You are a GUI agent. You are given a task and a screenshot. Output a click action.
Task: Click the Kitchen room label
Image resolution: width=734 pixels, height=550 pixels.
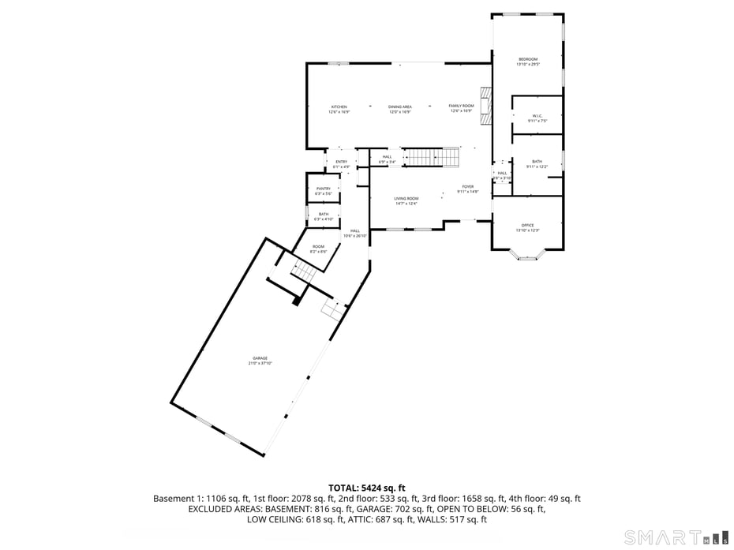pos(339,107)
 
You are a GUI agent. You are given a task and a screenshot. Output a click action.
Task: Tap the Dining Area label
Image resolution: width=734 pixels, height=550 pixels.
pos(400,107)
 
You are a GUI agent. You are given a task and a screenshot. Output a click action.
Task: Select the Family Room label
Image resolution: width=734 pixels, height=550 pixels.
pos(462,107)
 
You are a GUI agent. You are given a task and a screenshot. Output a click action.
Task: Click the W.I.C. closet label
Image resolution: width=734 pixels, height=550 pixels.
pos(537,118)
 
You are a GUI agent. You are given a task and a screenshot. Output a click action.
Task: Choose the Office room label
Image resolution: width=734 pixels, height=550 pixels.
pos(527,226)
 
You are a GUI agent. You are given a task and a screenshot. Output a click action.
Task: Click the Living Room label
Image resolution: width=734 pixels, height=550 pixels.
pos(406,200)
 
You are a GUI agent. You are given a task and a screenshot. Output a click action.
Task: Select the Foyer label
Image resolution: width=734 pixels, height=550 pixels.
pos(468,189)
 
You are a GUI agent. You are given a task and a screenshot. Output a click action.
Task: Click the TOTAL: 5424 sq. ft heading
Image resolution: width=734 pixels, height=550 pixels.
pos(367,488)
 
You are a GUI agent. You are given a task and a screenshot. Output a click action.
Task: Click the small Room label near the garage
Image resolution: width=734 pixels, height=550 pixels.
pos(318,248)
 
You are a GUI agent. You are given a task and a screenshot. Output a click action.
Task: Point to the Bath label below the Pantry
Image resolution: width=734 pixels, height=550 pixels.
pos(324,215)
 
